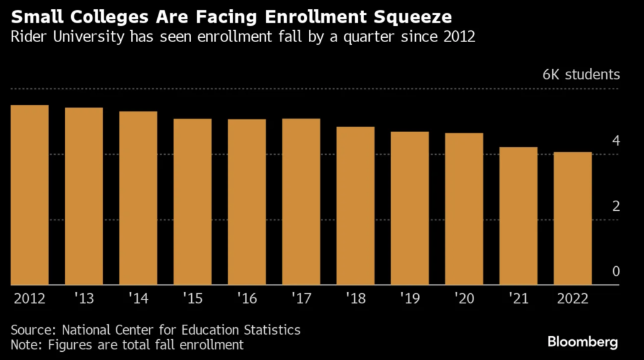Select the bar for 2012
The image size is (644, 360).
tap(30, 194)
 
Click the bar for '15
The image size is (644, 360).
tap(192, 201)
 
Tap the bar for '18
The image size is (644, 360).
tap(355, 205)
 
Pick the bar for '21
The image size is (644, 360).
tap(518, 215)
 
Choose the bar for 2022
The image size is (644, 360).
tap(572, 218)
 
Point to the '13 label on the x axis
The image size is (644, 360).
tap(84, 298)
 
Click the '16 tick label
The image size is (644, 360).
tap(247, 298)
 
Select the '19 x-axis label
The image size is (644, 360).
tap(409, 298)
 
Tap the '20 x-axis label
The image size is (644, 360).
tap(464, 298)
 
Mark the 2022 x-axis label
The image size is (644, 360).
tap(572, 298)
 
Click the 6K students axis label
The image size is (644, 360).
tap(581, 75)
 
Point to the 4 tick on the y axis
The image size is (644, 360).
tap(616, 141)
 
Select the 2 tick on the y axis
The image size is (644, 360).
tap(616, 206)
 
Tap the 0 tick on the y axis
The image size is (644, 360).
tap(616, 271)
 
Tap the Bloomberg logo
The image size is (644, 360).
tap(582, 342)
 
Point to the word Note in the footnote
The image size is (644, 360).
tap(25, 344)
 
